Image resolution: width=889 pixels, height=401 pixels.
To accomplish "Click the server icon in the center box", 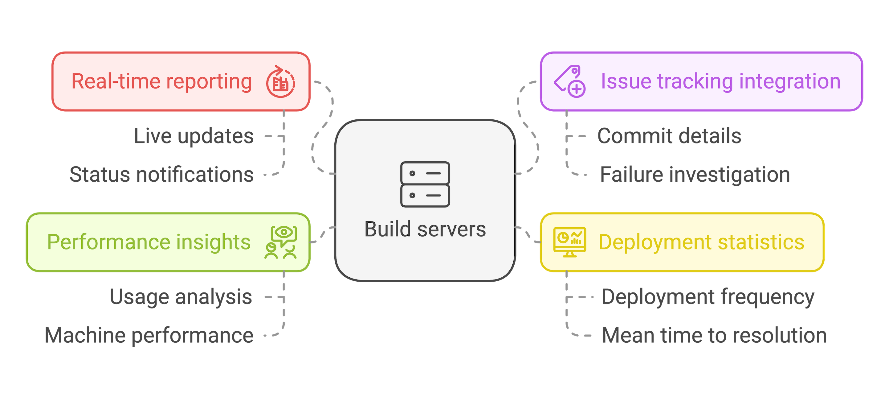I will [x=425, y=184].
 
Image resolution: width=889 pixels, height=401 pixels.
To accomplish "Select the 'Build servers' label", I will [x=425, y=229].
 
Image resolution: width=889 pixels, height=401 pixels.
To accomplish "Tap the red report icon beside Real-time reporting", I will [x=280, y=82].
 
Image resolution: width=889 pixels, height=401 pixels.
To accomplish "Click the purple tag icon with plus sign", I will [x=570, y=81].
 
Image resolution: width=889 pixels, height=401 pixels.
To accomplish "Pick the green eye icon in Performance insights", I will [x=281, y=242].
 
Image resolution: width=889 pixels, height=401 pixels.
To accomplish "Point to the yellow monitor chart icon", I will [x=569, y=242].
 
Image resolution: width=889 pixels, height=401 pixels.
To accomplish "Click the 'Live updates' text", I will [x=194, y=136].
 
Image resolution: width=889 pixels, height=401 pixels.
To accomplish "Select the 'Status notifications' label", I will [x=161, y=174].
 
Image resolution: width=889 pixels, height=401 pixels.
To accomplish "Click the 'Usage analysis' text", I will [x=181, y=297].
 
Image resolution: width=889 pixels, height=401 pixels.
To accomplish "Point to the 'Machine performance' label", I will [x=149, y=335].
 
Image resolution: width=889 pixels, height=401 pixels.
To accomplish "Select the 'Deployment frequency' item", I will [x=708, y=297].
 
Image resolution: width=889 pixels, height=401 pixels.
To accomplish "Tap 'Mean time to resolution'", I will [x=714, y=335].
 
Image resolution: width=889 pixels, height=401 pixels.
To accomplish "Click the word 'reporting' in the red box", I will [x=209, y=82].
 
